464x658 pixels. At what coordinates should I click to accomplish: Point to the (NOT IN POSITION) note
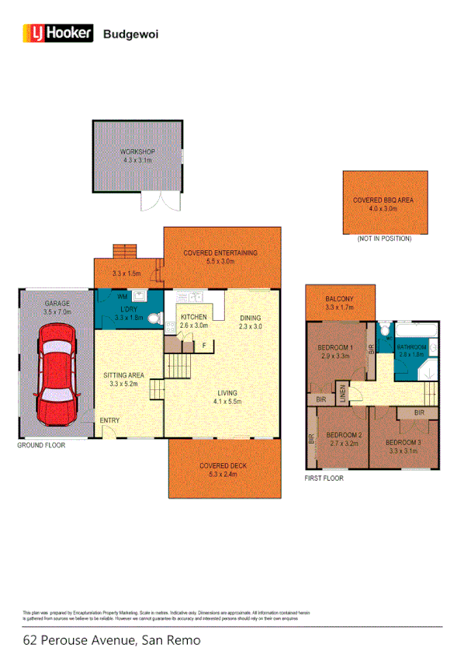click(x=383, y=238)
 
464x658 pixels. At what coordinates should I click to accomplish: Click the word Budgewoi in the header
click(x=126, y=33)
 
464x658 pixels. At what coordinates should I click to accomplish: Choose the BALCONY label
click(x=340, y=299)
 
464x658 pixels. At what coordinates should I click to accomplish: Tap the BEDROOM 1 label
click(x=336, y=348)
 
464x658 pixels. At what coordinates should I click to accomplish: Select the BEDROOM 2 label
click(x=344, y=435)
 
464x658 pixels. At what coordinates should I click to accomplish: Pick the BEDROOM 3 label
click(x=404, y=443)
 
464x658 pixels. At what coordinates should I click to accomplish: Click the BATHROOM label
click(x=412, y=346)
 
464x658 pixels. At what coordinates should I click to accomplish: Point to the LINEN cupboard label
click(x=341, y=393)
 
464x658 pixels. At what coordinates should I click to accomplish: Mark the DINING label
click(x=250, y=318)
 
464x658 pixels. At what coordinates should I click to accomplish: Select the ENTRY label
click(x=109, y=421)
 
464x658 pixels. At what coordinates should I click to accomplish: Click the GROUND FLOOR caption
click(x=42, y=446)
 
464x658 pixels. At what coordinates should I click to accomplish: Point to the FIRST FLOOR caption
click(x=324, y=479)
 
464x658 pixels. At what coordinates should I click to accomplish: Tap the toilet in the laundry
click(x=154, y=319)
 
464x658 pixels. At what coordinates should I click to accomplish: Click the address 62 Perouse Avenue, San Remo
click(x=112, y=641)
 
